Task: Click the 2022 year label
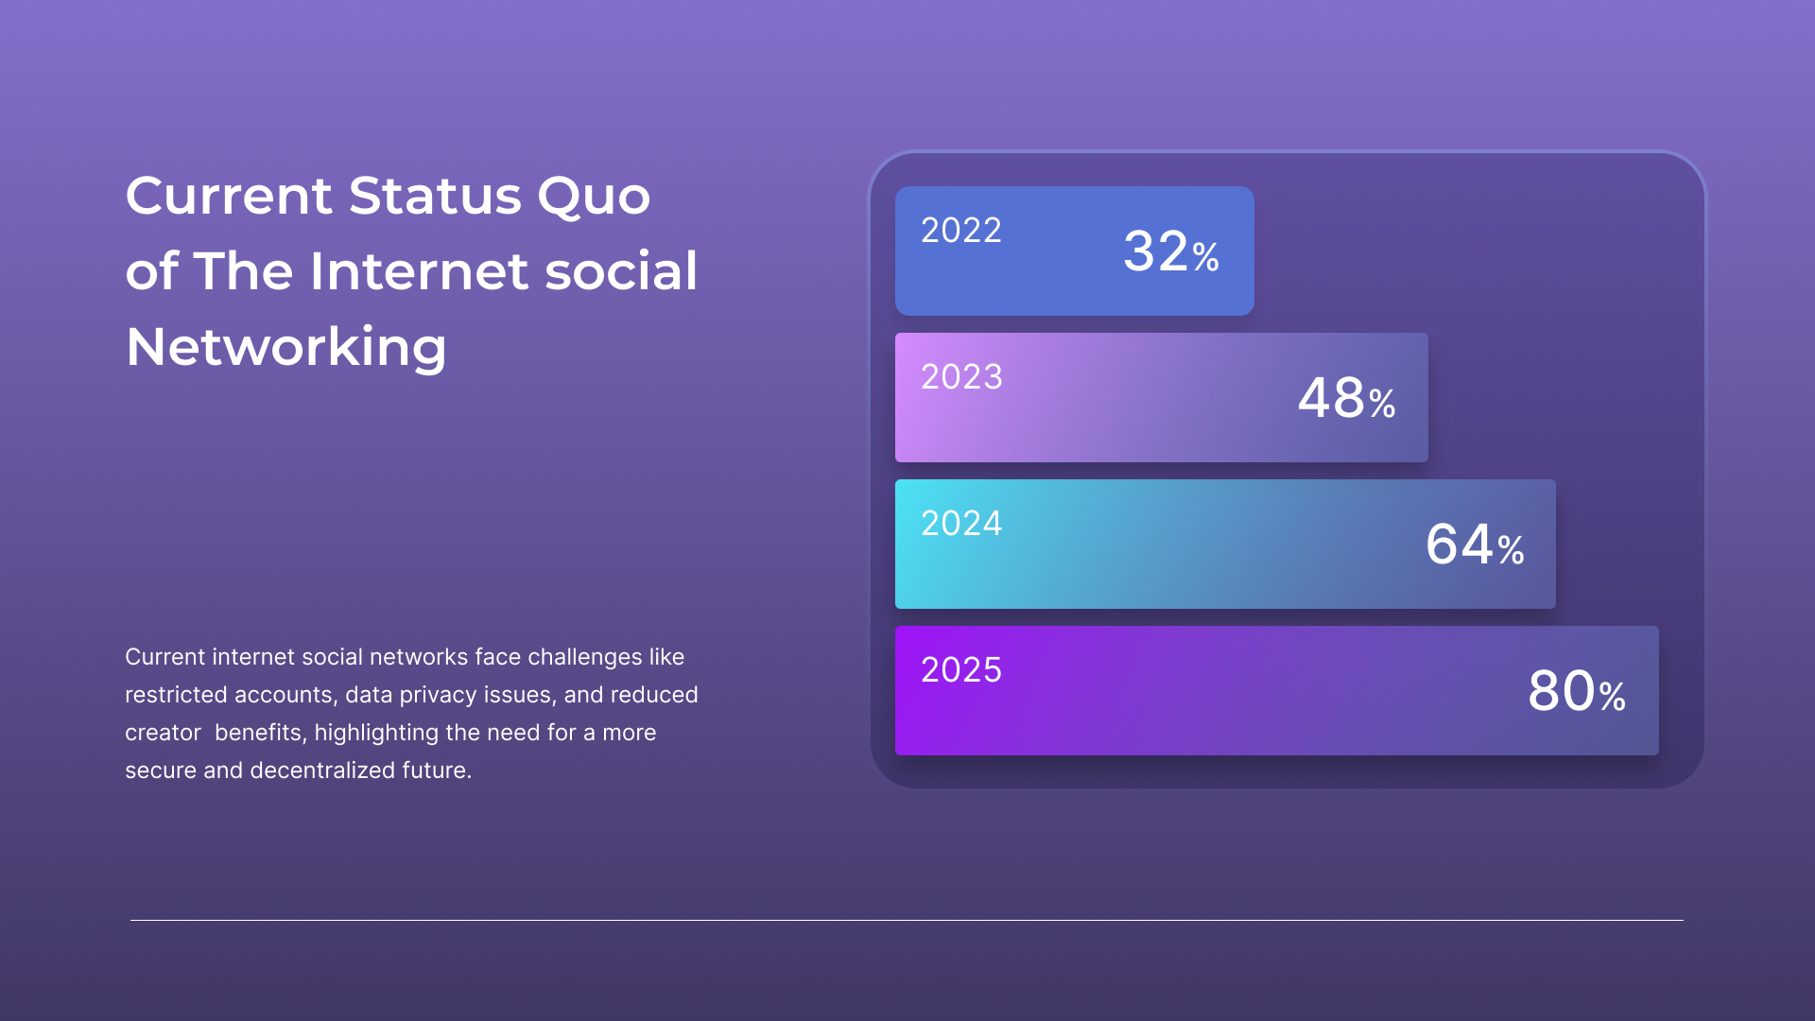961,231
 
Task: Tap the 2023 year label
961,377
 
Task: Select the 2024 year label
961,524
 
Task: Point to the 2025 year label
961,670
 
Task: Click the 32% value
1171,251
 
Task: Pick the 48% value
1347,398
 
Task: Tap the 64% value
1475,545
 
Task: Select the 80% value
1577,691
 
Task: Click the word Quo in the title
594,198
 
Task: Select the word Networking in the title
285,348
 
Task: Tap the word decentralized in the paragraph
322,770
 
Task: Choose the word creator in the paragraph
163,733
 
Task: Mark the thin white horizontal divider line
907,920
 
